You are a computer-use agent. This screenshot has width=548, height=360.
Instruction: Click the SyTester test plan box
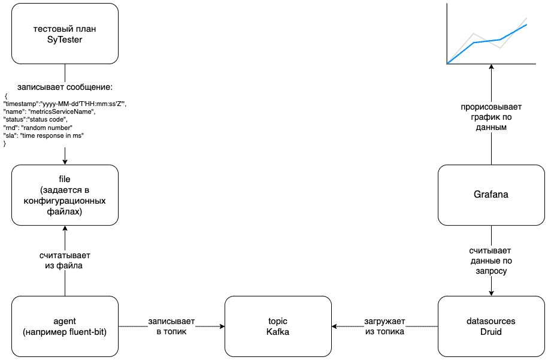tap(65, 34)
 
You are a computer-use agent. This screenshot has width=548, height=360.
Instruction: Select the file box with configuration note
tap(65, 195)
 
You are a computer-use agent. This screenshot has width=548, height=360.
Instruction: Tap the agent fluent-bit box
tap(65, 326)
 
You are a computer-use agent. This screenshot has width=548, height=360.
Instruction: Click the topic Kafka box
tap(277, 326)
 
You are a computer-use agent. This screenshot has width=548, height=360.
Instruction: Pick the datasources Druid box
tap(491, 326)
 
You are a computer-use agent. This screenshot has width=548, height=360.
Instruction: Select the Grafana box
tap(491, 195)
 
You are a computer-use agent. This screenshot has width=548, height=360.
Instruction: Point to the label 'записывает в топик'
tap(172, 326)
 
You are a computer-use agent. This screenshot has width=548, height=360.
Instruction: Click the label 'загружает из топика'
tap(384, 326)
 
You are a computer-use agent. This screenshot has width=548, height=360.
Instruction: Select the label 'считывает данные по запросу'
tap(491, 261)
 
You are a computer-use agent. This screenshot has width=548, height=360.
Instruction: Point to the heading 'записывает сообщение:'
tap(65, 87)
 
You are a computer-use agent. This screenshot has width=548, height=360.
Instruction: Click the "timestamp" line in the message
tap(66, 104)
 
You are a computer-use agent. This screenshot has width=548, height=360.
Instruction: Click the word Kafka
tap(277, 332)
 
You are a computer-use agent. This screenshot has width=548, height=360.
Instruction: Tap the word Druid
tap(491, 332)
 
